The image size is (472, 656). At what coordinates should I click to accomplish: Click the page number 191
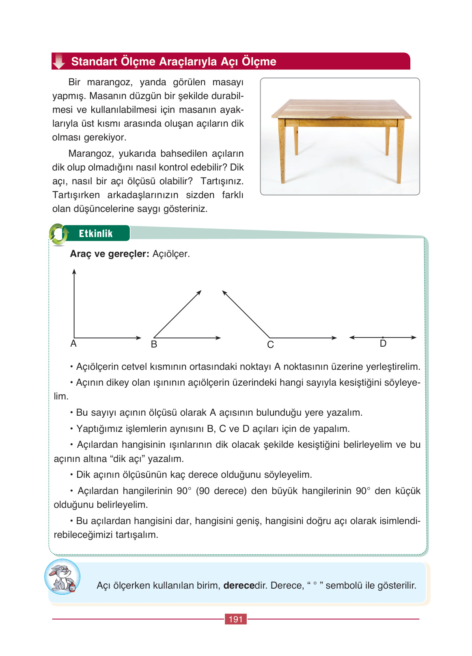[x=235, y=619]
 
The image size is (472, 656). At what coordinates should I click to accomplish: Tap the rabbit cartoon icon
[x=62, y=577]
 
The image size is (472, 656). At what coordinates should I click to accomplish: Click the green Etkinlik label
[x=96, y=233]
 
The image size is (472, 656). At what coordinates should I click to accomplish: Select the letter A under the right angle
[x=73, y=344]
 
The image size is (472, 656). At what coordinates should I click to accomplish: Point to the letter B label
[x=154, y=345]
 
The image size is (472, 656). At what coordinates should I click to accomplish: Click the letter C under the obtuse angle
[x=270, y=345]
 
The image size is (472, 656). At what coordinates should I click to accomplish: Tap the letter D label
[x=383, y=344]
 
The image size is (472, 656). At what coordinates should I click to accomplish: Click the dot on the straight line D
[x=383, y=337]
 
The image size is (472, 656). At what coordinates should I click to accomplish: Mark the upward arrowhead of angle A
[x=74, y=271]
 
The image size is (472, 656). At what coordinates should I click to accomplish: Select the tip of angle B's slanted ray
[x=200, y=292]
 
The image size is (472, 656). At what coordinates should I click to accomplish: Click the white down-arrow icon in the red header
[x=59, y=61]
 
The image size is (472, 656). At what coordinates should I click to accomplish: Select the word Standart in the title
[x=94, y=62]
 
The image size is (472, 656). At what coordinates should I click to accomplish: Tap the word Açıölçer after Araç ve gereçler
[x=171, y=254]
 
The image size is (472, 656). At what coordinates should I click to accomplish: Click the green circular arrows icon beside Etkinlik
[x=58, y=234]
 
